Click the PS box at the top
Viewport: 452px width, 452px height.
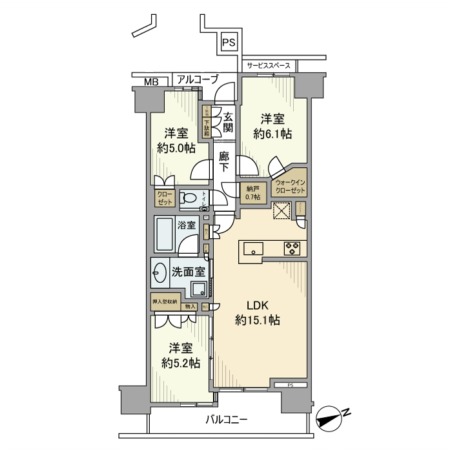pos(229,43)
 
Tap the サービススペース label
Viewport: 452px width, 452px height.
pos(269,66)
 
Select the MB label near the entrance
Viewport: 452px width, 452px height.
pos(151,82)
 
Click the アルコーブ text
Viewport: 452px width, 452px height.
pos(193,80)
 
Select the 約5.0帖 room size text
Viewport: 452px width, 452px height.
pos(176,148)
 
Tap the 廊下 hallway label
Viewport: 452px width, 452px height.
pos(224,161)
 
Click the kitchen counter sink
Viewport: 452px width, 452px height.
pos(253,248)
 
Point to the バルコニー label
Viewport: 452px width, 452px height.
pos(226,419)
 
